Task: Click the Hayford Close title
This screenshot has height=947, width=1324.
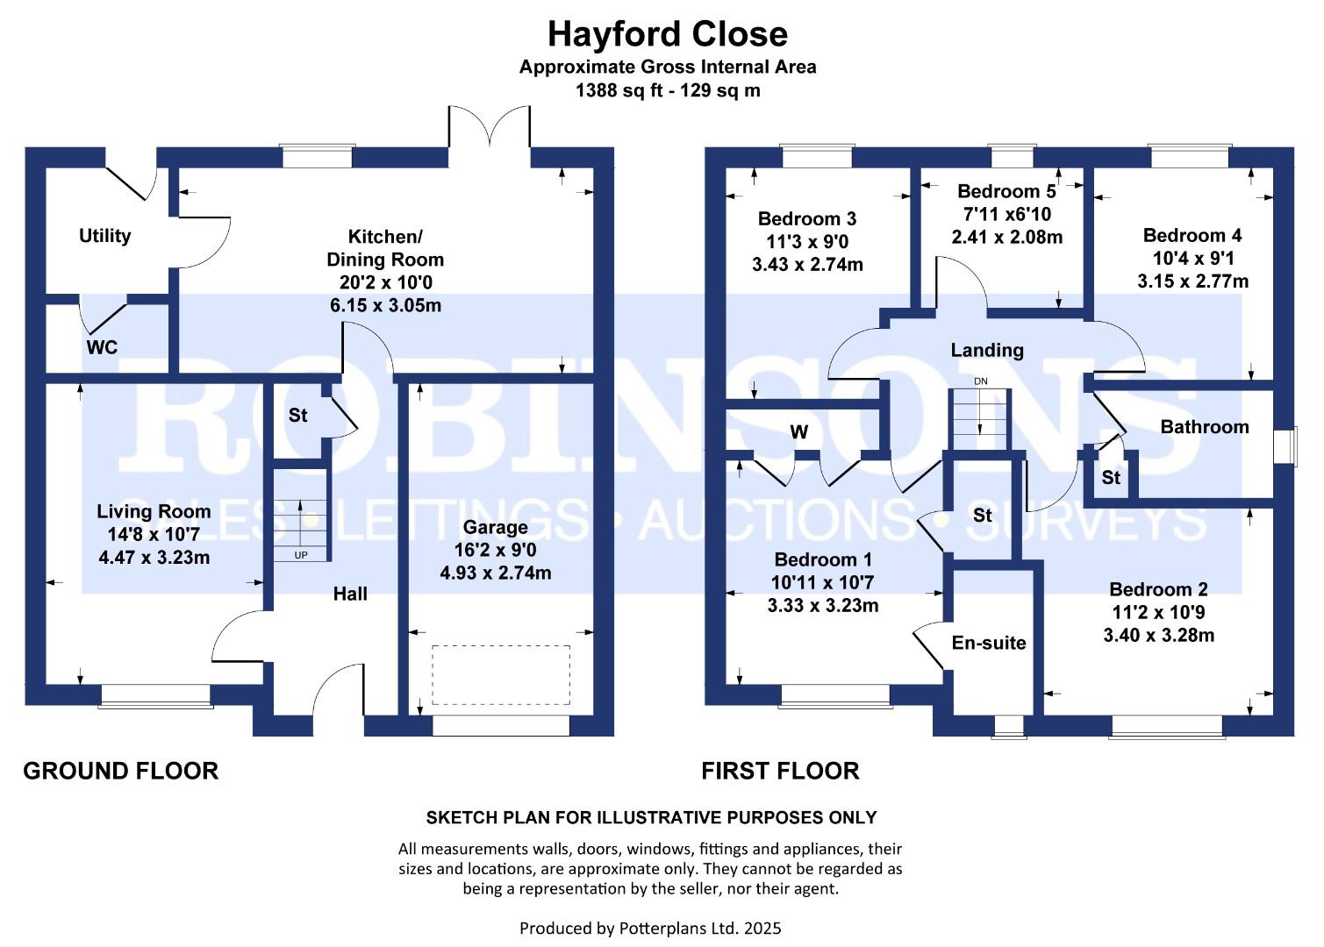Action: point(668,33)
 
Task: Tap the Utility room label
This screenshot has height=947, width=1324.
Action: point(105,236)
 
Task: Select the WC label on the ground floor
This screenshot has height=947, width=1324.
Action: point(102,347)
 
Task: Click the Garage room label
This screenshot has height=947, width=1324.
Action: point(496,528)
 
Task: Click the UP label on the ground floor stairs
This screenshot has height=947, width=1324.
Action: point(301,555)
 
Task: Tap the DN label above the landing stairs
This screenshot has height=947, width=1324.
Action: point(981,381)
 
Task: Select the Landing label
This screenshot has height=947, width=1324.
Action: point(987,351)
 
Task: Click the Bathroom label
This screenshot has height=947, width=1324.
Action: point(1205,427)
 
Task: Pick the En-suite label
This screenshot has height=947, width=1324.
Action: point(989,643)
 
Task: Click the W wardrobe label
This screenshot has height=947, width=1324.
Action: point(799,432)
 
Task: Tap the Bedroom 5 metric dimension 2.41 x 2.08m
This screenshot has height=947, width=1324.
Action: point(1007,238)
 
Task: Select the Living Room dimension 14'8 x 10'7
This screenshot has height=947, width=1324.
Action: point(154,535)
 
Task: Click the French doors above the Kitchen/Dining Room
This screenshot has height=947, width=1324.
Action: point(490,126)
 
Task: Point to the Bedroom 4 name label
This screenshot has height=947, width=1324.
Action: point(1192,236)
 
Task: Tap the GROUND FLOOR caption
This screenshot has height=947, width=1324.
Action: point(120,772)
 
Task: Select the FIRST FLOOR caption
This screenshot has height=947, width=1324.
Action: point(780,772)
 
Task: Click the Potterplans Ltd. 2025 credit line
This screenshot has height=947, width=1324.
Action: point(650,929)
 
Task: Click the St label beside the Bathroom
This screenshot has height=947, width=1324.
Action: point(1111,477)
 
